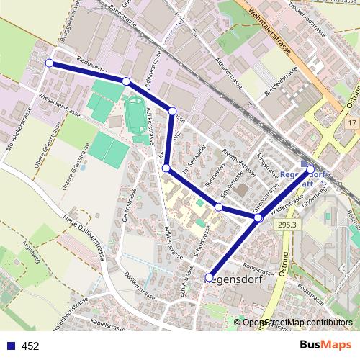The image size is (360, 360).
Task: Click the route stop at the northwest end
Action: tap(49, 63)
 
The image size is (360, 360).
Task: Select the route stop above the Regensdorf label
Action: tap(210, 277)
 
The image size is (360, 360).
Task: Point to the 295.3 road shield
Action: tap(285, 225)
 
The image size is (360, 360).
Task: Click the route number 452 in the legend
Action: tap(30, 346)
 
